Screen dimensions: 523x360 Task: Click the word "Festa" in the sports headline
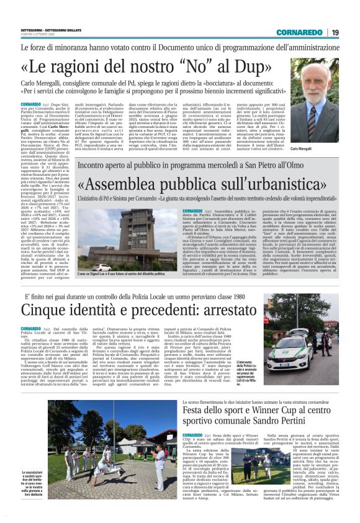[196, 412]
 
